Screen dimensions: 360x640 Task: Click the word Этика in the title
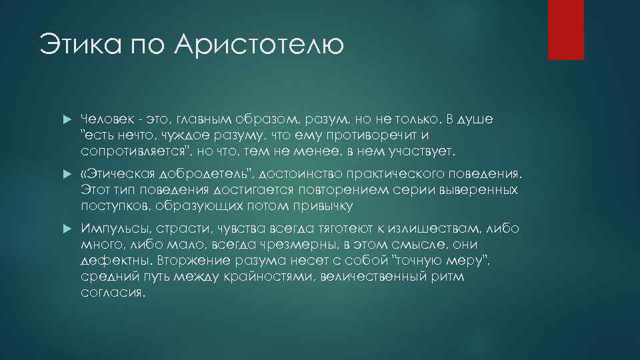(x=77, y=45)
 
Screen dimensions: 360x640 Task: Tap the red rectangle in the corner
(x=565, y=29)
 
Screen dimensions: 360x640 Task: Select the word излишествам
(x=430, y=229)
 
